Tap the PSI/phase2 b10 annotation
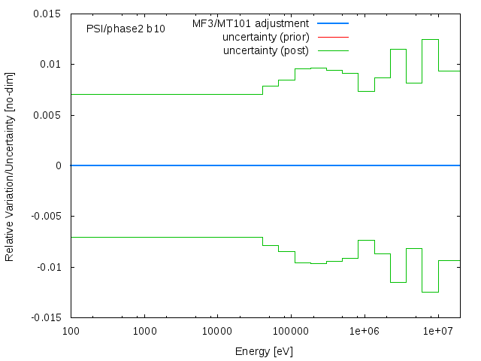tap(126, 29)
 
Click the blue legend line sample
tap(333, 23)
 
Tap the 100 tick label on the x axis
tap(71, 331)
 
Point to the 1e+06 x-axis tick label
tap(364, 331)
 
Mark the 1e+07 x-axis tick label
tap(437, 331)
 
